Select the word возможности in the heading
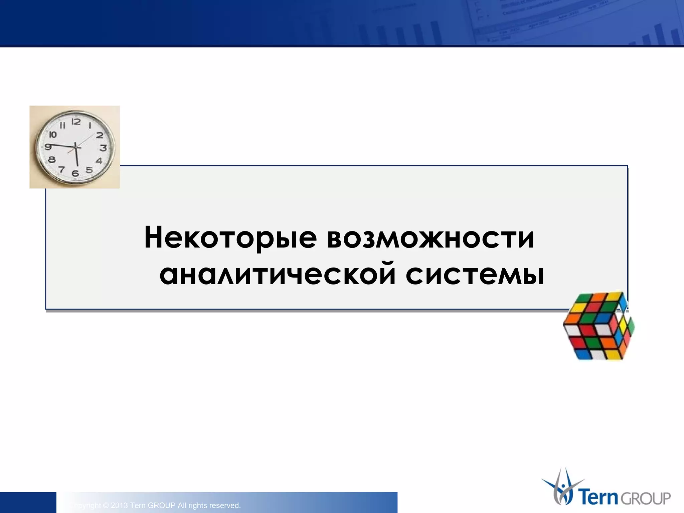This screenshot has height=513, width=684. click(x=431, y=238)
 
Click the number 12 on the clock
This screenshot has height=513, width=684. click(x=76, y=122)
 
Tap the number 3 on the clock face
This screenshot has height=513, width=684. click(x=104, y=148)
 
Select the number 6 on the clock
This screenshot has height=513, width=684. click(x=75, y=173)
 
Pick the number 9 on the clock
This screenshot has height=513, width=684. click(x=48, y=146)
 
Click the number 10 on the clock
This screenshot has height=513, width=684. click(x=53, y=135)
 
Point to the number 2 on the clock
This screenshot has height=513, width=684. click(x=100, y=135)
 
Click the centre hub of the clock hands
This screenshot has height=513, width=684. click(x=76, y=147)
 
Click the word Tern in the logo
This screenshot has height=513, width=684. click(x=599, y=497)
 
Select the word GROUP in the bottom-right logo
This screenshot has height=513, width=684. click(x=645, y=498)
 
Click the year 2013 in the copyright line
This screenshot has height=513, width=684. click(x=119, y=505)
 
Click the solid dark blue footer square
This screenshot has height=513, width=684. click(x=28, y=502)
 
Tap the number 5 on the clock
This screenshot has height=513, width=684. click(x=89, y=170)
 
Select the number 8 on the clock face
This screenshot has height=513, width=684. click(x=52, y=160)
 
